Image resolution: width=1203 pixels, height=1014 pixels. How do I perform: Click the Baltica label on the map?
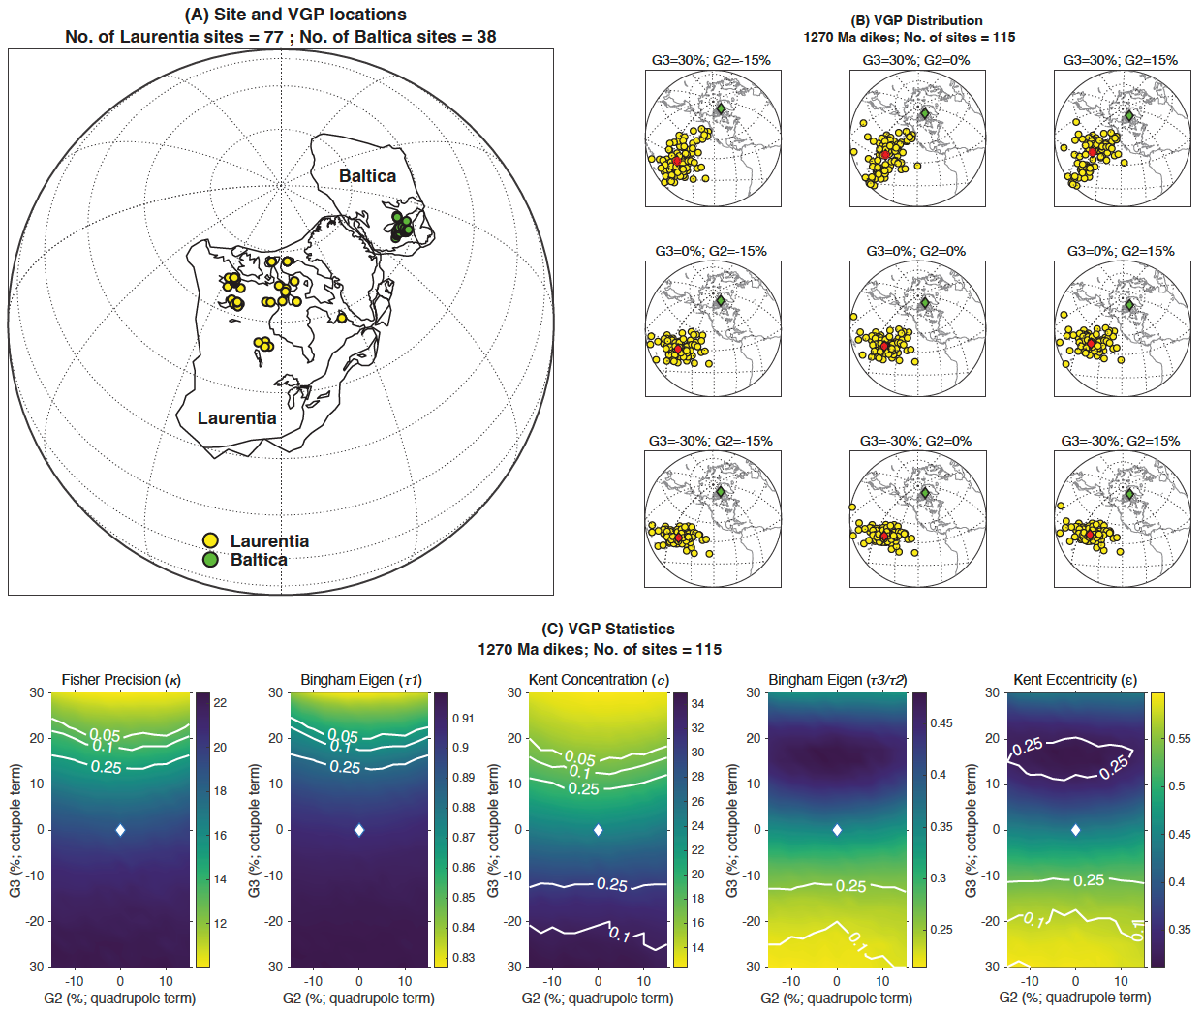click(367, 176)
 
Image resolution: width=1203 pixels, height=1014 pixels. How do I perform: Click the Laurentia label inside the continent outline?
click(236, 418)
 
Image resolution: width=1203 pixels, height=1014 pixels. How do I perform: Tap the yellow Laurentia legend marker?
click(210, 540)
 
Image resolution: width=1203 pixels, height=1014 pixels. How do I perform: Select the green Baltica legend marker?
click(210, 560)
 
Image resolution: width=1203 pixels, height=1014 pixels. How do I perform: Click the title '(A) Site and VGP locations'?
click(295, 15)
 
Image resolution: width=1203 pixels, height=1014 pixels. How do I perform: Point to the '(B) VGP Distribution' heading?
click(915, 20)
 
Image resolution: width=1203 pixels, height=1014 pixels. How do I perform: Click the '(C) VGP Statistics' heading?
click(607, 629)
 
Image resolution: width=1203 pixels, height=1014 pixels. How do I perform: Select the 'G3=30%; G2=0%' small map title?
click(916, 60)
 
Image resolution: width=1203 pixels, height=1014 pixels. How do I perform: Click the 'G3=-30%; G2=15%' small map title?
click(1121, 441)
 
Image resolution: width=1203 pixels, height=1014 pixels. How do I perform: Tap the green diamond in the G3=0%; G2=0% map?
click(925, 303)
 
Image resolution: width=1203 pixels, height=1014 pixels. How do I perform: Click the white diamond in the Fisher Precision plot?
click(120, 830)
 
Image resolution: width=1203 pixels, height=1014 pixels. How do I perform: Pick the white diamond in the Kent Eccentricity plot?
click(1076, 830)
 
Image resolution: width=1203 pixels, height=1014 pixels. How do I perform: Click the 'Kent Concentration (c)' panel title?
click(599, 680)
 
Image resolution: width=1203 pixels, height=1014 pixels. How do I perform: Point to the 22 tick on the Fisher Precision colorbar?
click(220, 703)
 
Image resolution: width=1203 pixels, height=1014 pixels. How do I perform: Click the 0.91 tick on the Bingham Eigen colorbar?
click(463, 719)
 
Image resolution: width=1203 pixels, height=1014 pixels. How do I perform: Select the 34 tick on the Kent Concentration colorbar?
click(697, 704)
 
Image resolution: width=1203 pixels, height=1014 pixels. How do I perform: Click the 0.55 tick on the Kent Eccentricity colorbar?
click(1179, 738)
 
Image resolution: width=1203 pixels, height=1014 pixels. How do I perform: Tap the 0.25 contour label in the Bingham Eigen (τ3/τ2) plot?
click(850, 886)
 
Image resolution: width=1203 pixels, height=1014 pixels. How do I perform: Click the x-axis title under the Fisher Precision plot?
click(120, 998)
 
